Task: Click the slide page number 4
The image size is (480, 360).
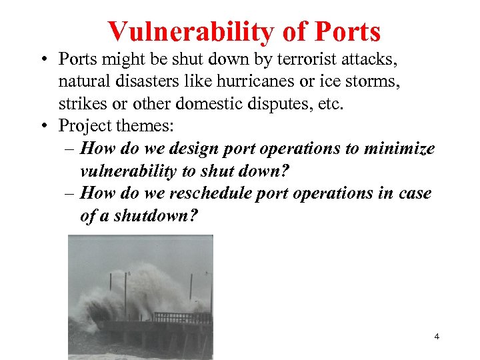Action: point(437,337)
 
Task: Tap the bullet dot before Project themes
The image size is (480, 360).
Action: point(43,125)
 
